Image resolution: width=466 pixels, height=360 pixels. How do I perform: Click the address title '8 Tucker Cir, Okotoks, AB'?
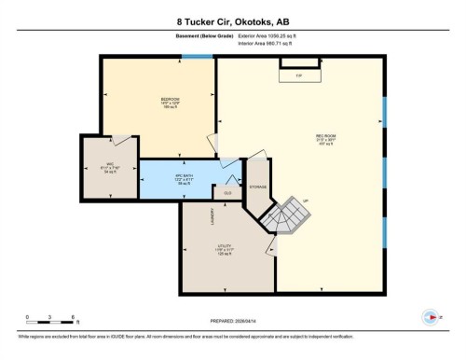[x=232, y=21]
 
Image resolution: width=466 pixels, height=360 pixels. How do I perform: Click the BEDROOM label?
[x=170, y=100]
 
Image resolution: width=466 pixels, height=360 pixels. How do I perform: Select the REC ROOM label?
[x=324, y=137]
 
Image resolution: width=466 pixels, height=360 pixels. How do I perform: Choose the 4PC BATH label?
[x=185, y=177]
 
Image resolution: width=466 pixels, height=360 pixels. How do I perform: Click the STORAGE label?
[x=257, y=187]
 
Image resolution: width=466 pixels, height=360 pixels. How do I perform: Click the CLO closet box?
[x=226, y=193]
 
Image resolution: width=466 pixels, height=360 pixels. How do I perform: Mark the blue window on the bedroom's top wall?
[x=197, y=57]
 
